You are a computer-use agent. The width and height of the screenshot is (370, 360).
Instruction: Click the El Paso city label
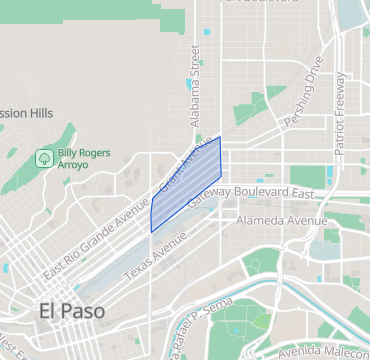(x=71, y=311)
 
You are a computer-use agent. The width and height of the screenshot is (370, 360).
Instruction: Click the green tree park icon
(x=44, y=158)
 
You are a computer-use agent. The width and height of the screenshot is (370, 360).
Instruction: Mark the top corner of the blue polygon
(x=220, y=137)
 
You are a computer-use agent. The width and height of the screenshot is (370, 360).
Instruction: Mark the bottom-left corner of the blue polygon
(x=151, y=232)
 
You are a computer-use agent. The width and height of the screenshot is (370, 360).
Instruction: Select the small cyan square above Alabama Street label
(x=207, y=33)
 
